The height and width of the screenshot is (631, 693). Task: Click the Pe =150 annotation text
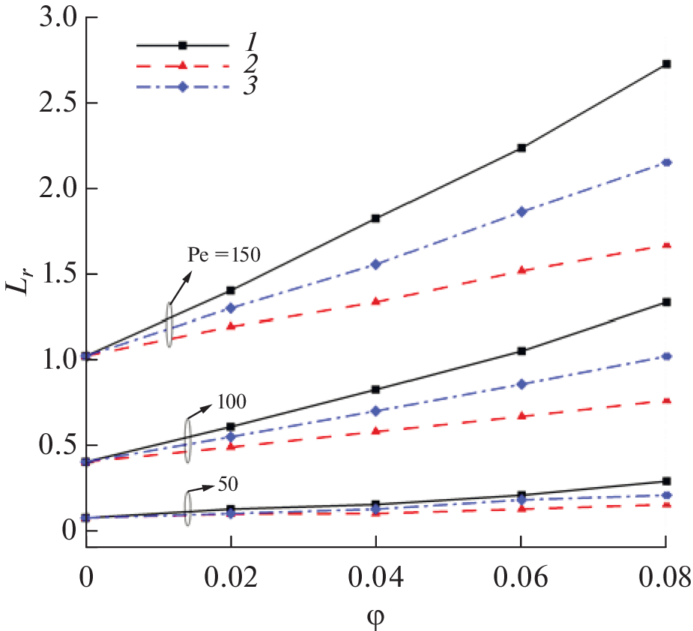(x=223, y=255)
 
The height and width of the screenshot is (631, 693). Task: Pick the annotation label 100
(x=231, y=400)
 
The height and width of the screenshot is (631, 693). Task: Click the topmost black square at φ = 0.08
(x=666, y=64)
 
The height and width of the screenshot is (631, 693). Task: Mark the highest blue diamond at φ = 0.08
(x=666, y=163)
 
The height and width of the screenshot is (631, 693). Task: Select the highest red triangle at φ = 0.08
(x=666, y=246)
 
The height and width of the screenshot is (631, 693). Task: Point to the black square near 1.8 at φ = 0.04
(x=376, y=219)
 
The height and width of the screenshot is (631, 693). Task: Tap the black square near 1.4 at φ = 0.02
(x=231, y=290)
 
